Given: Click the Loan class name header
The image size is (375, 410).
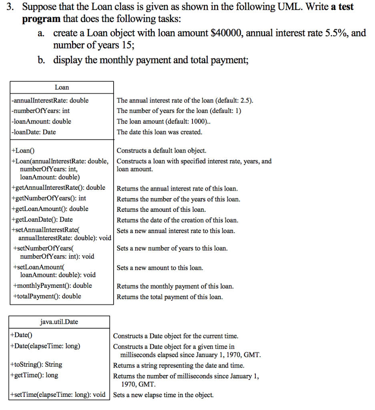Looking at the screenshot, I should [x=62, y=87].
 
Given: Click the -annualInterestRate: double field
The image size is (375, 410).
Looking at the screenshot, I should [x=50, y=100].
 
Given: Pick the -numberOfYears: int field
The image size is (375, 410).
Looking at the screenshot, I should [x=41, y=111].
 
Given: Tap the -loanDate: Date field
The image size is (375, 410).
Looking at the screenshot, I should [x=34, y=132].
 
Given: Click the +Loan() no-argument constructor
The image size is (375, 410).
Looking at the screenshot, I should [x=24, y=151].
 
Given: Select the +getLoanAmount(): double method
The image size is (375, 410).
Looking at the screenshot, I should [x=50, y=209].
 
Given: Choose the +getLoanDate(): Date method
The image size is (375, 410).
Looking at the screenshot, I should [x=42, y=219].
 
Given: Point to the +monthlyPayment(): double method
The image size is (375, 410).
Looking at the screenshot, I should [x=52, y=286].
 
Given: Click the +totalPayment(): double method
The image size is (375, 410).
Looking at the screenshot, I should [x=47, y=296].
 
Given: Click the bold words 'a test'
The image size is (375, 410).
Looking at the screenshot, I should [x=342, y=7].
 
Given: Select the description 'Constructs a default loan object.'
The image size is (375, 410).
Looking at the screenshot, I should [x=161, y=151].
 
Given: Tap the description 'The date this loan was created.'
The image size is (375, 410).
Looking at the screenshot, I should [x=159, y=132].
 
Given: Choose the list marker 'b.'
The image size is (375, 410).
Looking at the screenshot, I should [x=42, y=60].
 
